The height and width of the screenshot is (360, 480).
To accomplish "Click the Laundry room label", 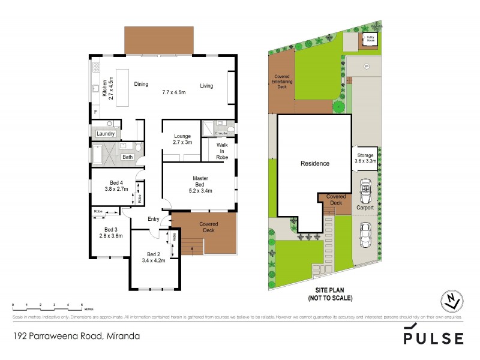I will (105, 134).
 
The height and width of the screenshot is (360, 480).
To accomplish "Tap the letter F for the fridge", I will (95, 112).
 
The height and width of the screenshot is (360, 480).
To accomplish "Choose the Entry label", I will (154, 219).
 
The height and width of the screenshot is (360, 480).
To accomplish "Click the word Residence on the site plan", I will (315, 163).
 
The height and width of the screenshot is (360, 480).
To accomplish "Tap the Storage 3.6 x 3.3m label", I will (365, 158).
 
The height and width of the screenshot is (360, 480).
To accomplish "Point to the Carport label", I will (365, 208).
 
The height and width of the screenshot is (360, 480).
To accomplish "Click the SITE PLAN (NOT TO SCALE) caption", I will (329, 295).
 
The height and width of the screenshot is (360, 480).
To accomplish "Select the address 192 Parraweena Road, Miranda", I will (76, 336).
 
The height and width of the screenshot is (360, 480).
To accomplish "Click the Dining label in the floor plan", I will (141, 85).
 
